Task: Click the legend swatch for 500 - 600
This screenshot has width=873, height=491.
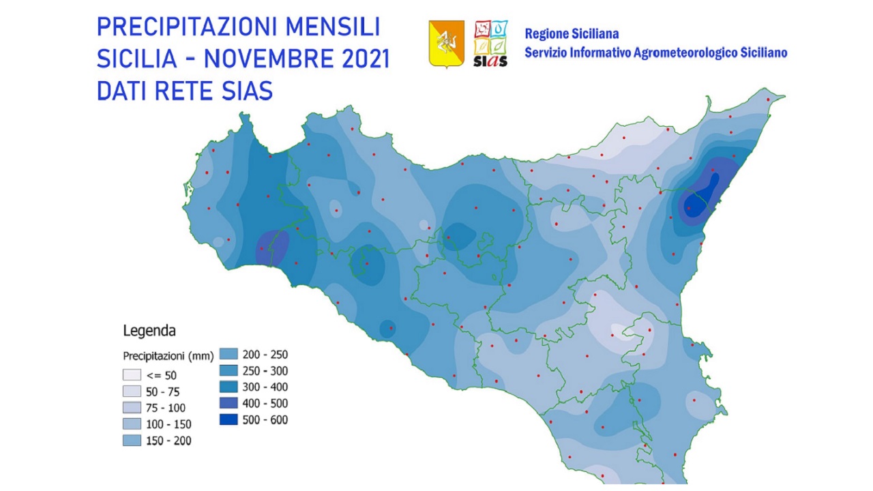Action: point(228,419)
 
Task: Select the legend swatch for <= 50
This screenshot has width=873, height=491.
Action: point(132,375)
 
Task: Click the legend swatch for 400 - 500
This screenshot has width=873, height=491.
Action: point(228,403)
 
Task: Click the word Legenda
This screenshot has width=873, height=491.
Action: point(149,331)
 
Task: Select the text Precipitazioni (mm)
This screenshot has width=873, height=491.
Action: point(168,356)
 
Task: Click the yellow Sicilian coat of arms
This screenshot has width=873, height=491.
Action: point(446,43)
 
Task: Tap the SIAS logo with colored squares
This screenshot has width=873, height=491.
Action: point(490,43)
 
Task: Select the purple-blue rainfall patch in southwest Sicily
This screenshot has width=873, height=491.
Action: point(272,248)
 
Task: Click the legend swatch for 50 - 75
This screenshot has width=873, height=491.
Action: point(132,391)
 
